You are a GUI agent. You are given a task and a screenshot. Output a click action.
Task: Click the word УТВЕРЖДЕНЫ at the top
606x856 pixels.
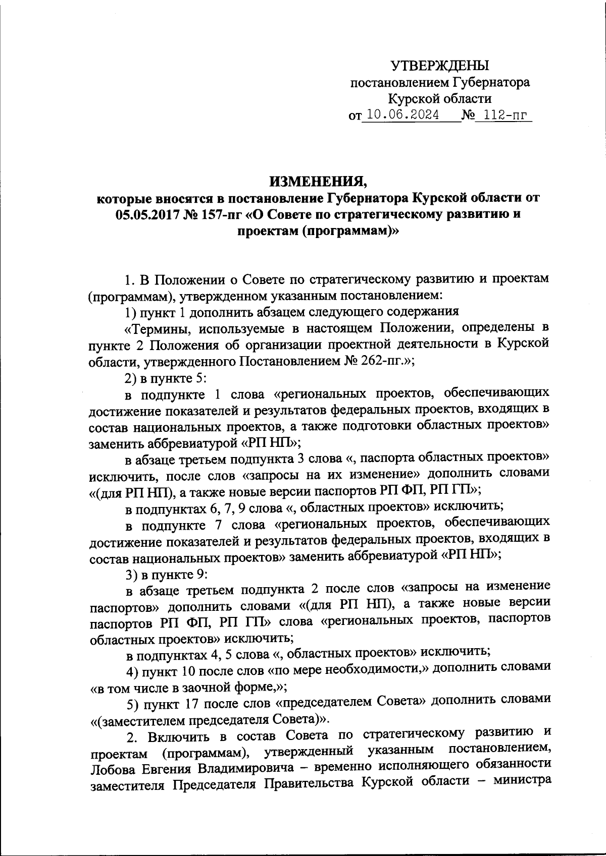pyautogui.click(x=440, y=65)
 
